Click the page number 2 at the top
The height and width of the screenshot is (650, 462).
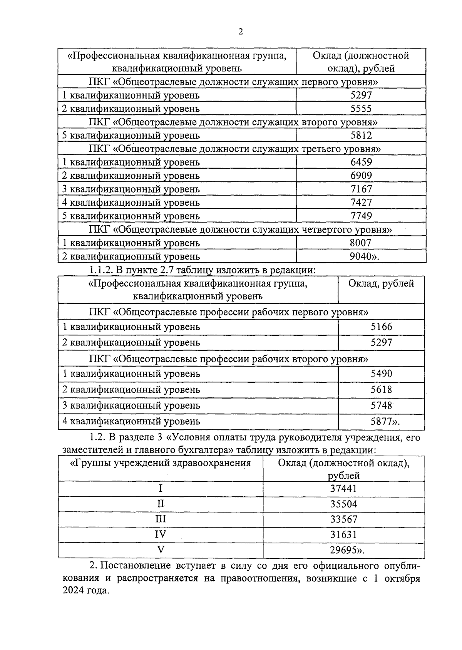click(240, 32)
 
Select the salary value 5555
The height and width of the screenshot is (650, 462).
click(361, 109)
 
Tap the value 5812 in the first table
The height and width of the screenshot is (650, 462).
click(361, 135)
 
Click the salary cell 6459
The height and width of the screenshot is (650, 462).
click(361, 162)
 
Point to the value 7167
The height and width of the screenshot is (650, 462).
click(361, 189)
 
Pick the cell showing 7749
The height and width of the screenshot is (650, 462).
click(361, 216)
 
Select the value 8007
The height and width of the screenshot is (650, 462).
click(361, 243)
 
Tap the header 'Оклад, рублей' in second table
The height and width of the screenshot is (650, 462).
click(381, 284)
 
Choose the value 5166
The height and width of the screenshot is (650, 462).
click(381, 327)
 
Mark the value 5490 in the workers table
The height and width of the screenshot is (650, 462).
click(381, 374)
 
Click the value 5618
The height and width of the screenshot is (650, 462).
click(381, 389)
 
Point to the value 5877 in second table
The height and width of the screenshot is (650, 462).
click(381, 421)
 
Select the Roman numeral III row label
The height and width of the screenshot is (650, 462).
click(161, 519)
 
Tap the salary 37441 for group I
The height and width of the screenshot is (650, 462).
click(343, 489)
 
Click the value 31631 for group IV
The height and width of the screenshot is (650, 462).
click(343, 534)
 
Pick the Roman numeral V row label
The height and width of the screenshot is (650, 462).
click(161, 550)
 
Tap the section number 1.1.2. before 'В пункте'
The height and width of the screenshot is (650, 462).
click(100, 270)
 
